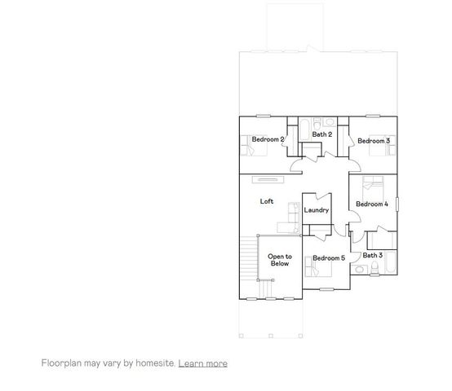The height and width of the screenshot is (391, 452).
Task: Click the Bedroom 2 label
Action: (268, 139)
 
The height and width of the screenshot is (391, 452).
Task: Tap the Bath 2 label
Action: (321, 134)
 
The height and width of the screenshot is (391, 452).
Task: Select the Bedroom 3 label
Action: (373, 140)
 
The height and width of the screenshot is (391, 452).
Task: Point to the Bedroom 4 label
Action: (371, 204)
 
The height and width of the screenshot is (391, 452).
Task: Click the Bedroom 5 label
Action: (329, 258)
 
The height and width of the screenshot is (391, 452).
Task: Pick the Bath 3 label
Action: (372, 255)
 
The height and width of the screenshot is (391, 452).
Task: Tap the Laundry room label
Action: (316, 210)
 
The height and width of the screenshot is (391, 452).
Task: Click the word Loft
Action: (266, 201)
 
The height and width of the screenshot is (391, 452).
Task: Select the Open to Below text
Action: (279, 260)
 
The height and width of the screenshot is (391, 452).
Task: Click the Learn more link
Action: (202, 362)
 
